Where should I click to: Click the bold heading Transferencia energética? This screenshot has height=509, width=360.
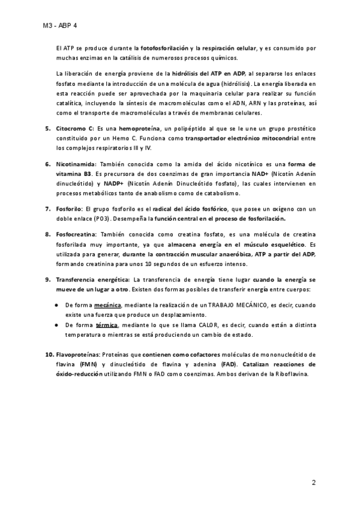pyautogui.click(x=93, y=263)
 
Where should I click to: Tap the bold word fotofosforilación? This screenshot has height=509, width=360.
pyautogui.click(x=163, y=47)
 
